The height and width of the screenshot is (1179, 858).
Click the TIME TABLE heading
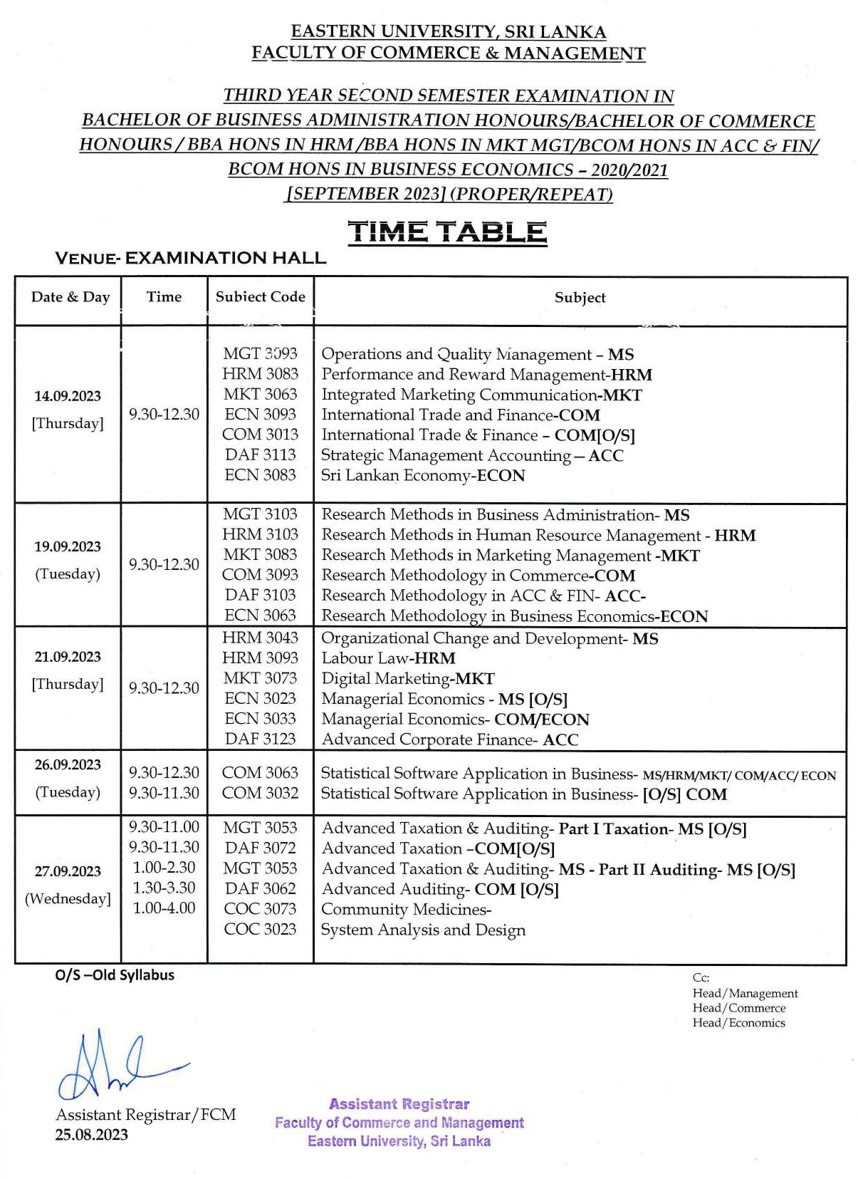point(447,232)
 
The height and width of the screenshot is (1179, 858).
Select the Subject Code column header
point(260,297)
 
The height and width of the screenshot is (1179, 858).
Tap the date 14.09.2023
point(68,396)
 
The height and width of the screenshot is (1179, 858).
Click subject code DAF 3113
point(260,455)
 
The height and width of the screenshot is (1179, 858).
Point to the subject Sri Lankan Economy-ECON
point(423,475)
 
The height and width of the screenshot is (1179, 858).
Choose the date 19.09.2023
point(68,546)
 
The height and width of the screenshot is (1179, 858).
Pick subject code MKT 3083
point(260,554)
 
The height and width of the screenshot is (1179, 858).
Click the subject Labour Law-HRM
point(388,658)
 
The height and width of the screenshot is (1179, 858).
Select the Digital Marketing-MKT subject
point(407,678)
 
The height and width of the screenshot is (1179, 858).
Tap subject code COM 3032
point(260,793)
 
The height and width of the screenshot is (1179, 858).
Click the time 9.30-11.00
point(164,826)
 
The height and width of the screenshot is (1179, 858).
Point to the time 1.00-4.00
point(164,908)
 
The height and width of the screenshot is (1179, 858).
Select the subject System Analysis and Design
point(423,930)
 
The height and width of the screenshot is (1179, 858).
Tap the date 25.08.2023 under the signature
point(92,1135)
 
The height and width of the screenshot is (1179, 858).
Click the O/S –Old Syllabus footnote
point(115,975)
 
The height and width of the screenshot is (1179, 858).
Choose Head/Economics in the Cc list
point(738,1022)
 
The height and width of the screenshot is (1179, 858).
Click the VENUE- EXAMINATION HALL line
point(190,258)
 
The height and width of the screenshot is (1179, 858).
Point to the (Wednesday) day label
point(68,898)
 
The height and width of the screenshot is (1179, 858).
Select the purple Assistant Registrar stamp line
point(399,1104)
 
